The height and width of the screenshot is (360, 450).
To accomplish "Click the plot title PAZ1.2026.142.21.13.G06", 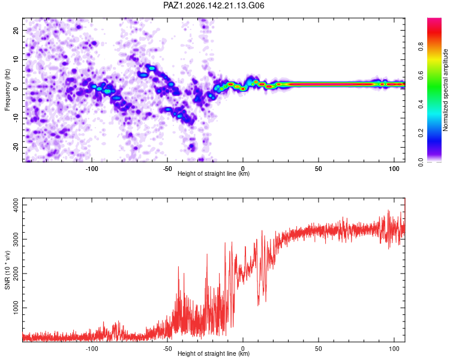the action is (x=214, y=5).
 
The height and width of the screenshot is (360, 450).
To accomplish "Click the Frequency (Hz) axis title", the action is (x=7, y=90).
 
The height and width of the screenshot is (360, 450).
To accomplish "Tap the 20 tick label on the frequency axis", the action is (x=16, y=30).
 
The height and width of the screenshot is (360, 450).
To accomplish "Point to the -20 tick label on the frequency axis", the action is (x=16, y=147).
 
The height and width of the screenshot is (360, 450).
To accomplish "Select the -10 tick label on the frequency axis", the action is (x=16, y=118).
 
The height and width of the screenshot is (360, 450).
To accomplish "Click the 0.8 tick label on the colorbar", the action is (x=421, y=46).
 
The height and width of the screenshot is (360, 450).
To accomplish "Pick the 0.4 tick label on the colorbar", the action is (x=421, y=104).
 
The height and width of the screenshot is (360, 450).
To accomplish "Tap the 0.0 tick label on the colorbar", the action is (x=421, y=162).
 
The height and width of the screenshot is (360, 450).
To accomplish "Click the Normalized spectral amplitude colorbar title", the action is (x=445, y=90).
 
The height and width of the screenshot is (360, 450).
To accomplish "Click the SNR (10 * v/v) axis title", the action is (x=7, y=270).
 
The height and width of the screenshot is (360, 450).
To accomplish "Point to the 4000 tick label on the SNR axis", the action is (x=16, y=205).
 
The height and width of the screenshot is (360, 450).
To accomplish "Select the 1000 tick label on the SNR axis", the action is (x=16, y=308).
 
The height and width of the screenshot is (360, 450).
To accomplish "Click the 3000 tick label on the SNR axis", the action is (x=16, y=239).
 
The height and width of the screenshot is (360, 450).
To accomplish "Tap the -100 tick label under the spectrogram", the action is (x=92, y=169).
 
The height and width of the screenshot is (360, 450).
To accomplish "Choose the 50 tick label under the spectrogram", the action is (x=318, y=169).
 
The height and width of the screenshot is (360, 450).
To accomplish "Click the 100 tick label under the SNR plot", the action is (x=394, y=349).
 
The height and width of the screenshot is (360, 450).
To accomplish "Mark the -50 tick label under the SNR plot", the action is (x=167, y=349).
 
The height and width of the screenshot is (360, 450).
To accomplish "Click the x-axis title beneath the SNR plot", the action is (x=214, y=353).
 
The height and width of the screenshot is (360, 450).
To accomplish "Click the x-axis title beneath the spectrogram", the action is (x=214, y=173).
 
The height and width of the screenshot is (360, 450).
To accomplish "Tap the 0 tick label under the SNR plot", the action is (x=243, y=349).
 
